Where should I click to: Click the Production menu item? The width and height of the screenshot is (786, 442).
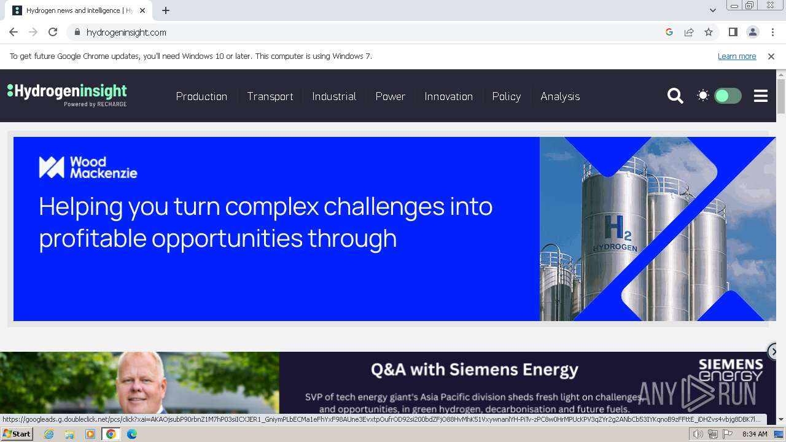(201, 96)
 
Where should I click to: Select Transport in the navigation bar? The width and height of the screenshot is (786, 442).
(270, 96)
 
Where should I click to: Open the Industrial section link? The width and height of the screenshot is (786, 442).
(334, 96)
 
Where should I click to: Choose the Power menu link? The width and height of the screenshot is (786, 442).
(390, 96)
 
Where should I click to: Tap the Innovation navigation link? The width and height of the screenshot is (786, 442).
(448, 96)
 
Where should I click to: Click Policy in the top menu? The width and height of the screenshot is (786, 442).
(506, 96)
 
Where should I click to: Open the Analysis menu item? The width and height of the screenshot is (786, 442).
(560, 96)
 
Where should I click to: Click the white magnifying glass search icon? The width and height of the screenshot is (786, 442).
(675, 96)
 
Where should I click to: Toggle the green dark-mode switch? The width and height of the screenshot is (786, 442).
(728, 96)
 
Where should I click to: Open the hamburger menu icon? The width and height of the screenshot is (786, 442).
(761, 96)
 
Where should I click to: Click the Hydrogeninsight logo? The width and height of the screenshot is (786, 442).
(67, 95)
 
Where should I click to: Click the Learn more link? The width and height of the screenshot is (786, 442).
(736, 56)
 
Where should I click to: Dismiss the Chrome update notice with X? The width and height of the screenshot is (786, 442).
(771, 56)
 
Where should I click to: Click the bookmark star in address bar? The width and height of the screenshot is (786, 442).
(709, 33)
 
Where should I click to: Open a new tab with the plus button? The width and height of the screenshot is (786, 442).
(166, 10)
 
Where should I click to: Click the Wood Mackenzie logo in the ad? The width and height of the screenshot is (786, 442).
(88, 167)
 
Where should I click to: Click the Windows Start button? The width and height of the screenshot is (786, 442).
(17, 434)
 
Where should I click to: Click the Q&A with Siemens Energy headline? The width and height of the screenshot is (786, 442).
(474, 370)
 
